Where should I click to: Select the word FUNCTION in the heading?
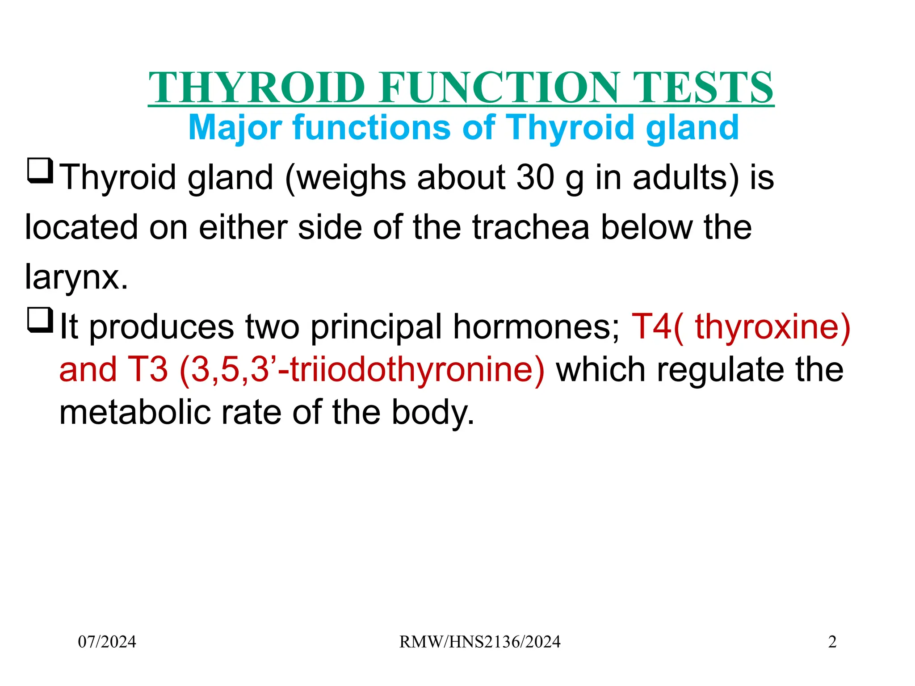pos(499,88)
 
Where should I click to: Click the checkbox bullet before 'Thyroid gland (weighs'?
pos(40,171)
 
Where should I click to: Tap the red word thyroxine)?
pos(772,327)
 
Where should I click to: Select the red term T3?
pos(147,370)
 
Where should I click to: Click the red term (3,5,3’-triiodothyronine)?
pos(362,370)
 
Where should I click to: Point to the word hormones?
pos(537,327)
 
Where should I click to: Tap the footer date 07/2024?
pos(107,642)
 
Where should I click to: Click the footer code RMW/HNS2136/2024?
pos(480,642)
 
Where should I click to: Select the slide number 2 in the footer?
pos(832,642)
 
